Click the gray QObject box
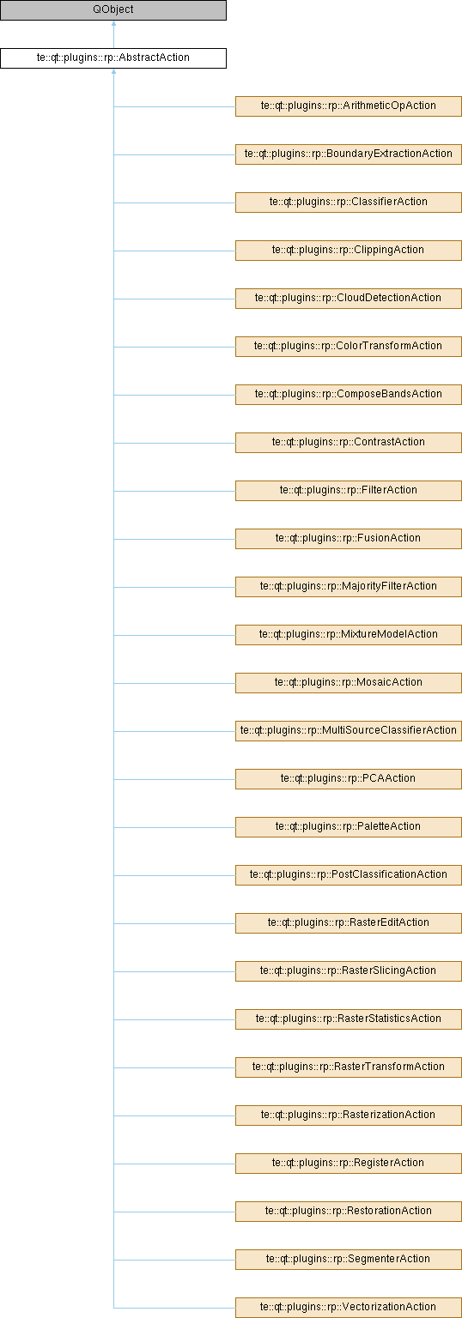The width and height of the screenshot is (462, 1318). tap(113, 10)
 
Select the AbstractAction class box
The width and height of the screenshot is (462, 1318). tap(113, 57)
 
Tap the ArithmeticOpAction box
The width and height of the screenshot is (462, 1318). tap(349, 106)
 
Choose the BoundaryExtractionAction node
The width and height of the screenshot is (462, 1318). tap(349, 154)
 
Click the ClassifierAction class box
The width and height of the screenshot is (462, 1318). tap(349, 202)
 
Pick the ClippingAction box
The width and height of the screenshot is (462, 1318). tap(349, 250)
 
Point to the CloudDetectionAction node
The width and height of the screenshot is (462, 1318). tap(349, 299)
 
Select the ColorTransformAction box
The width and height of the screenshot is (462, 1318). tap(349, 346)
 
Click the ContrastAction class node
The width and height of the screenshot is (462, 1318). tap(349, 443)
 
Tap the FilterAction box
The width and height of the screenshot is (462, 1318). tap(349, 490)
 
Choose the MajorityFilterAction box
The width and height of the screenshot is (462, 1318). tap(349, 587)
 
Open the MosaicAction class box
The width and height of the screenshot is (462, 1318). tap(349, 682)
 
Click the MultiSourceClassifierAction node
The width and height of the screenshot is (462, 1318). tap(349, 731)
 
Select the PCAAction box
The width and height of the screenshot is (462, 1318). tap(349, 778)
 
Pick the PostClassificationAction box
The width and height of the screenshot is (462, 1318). tap(349, 875)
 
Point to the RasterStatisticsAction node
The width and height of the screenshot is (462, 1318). tap(349, 1019)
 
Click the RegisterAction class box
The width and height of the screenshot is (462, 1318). tap(349, 1164)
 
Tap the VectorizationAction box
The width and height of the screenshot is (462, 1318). tap(349, 1308)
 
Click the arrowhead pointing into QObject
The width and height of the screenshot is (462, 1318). tap(113, 24)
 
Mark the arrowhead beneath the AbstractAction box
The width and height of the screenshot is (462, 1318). tap(113, 72)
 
